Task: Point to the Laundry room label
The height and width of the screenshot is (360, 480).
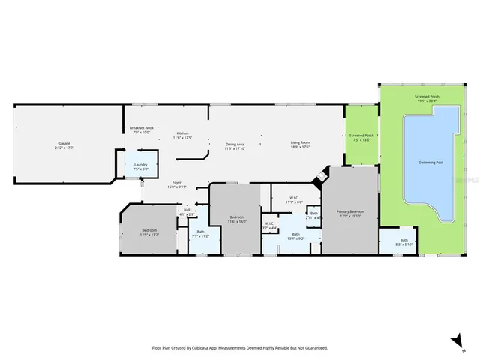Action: (x=140, y=167)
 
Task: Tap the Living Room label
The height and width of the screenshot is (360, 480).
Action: (x=301, y=144)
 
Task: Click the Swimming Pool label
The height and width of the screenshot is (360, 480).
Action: (x=430, y=162)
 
